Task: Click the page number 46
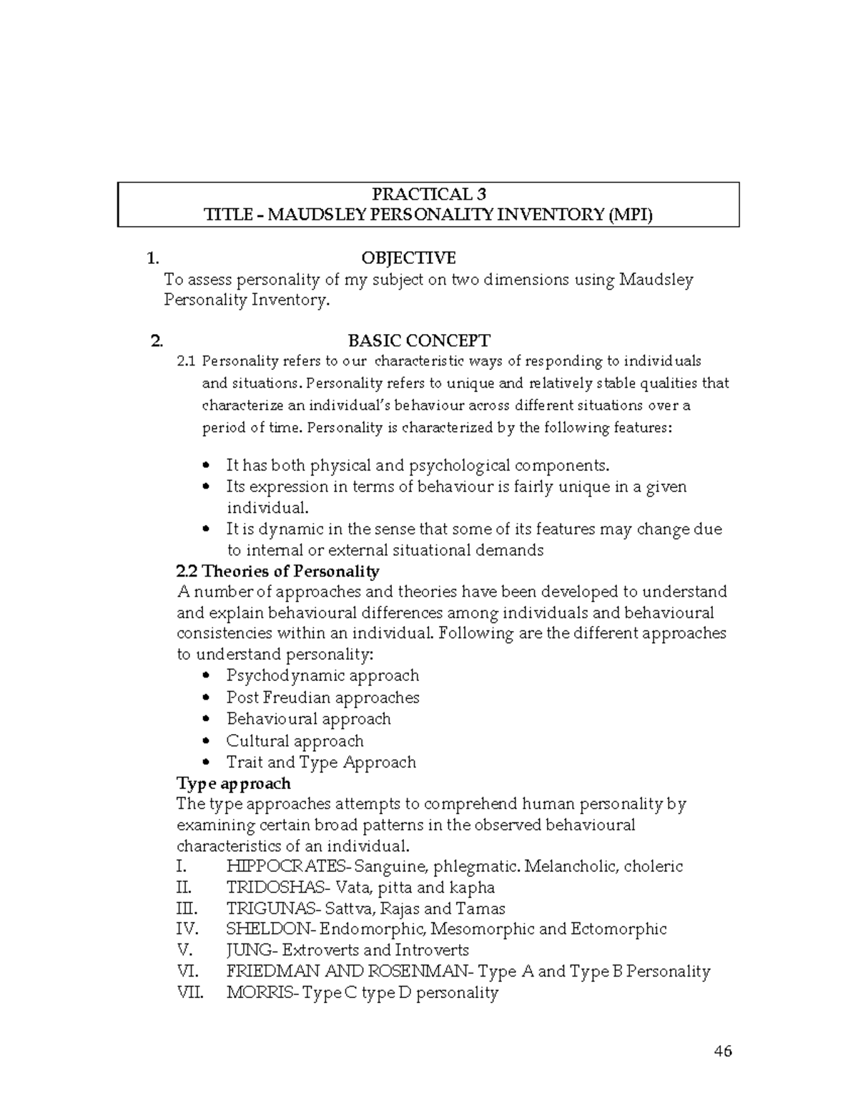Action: (x=723, y=1051)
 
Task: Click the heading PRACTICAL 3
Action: (x=428, y=194)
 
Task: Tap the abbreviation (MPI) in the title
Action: (x=629, y=215)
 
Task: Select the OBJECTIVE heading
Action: (x=408, y=258)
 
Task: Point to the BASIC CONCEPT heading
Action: (x=418, y=341)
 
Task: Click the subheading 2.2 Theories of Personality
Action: (x=277, y=571)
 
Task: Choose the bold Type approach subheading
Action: (x=233, y=783)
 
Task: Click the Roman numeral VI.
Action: (x=185, y=971)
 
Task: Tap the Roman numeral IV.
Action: (x=186, y=929)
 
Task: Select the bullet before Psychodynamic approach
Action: (x=207, y=676)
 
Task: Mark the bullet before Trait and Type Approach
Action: (x=207, y=763)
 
